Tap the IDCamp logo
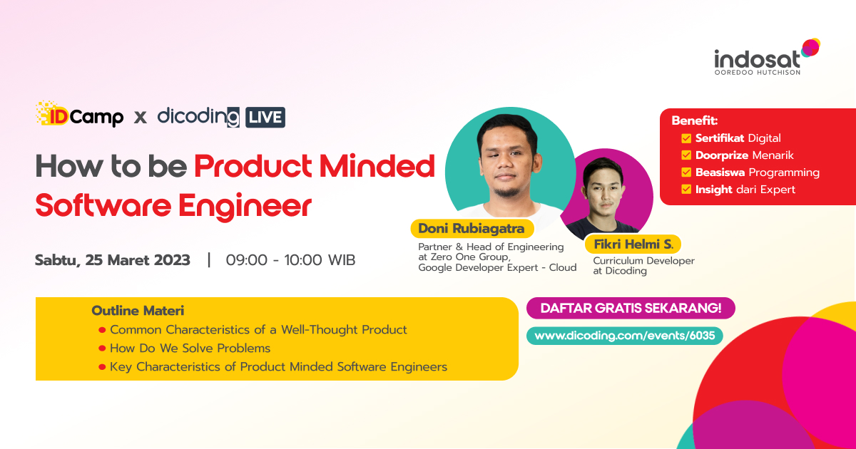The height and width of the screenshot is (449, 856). [x=79, y=115]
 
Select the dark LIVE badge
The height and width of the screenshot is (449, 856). [x=265, y=117]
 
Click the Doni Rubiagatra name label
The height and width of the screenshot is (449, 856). [x=472, y=229]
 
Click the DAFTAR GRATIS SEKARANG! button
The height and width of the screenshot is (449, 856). [x=631, y=308]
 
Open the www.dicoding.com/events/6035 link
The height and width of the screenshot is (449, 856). [x=624, y=335]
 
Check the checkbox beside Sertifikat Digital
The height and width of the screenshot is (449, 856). [x=686, y=138]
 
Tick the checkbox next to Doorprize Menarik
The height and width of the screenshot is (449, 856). [x=686, y=155]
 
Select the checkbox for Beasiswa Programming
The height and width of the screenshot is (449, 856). [x=686, y=172]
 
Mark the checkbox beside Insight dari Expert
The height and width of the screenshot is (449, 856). [x=686, y=190]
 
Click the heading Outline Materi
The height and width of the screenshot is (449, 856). [x=138, y=311]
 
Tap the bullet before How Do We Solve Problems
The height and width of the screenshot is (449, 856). [x=103, y=349]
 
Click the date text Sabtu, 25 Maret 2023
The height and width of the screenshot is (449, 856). [x=113, y=260]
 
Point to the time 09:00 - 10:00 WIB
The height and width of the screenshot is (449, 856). [x=290, y=260]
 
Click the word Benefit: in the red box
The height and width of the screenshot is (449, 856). [x=694, y=120]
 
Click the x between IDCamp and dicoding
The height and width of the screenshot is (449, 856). [x=141, y=117]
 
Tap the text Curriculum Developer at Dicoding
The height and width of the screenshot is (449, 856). [x=643, y=266]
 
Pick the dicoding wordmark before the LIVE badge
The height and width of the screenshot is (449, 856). [x=198, y=116]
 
